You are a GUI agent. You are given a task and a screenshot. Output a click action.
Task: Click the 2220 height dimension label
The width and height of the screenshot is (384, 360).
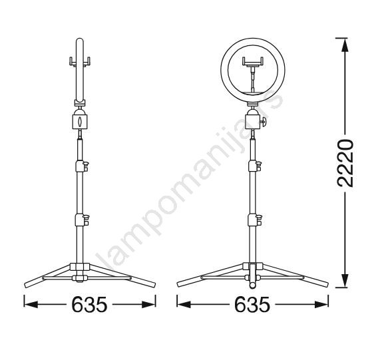[345, 163]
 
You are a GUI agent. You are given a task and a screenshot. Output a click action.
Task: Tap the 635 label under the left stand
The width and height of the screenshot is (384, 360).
[89, 304]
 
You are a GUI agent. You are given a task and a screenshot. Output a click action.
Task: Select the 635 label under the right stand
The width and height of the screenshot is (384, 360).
[252, 304]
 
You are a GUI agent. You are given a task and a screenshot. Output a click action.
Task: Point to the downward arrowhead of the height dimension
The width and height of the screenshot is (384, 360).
[345, 281]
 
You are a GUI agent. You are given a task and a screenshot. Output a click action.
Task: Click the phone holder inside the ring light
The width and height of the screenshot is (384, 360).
[253, 61]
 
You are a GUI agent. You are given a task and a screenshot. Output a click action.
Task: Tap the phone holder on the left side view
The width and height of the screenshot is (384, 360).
[80, 61]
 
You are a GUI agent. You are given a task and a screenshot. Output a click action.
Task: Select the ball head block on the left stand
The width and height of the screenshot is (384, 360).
[80, 121]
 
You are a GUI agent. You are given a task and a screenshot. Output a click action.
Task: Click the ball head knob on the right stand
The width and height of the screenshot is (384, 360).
[264, 122]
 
